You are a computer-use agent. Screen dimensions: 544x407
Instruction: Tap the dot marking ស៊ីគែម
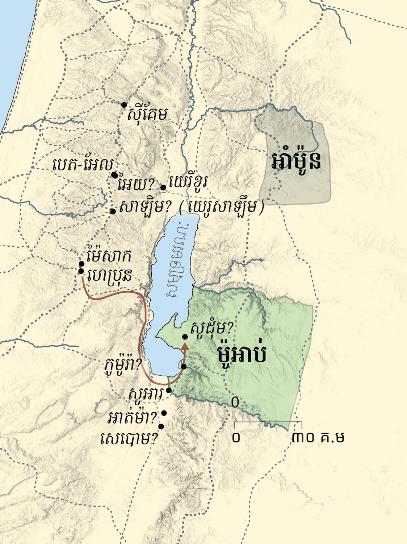coord(124,105)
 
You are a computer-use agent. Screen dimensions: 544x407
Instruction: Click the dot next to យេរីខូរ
coord(163,187)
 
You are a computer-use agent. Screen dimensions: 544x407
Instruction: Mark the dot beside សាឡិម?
coord(113,211)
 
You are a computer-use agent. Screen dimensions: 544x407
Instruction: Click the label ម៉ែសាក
coord(109,256)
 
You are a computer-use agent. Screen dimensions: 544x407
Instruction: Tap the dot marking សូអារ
coord(169,390)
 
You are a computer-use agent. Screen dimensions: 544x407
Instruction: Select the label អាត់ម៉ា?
coord(133,419)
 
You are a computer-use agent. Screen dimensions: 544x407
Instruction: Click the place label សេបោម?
coord(129,439)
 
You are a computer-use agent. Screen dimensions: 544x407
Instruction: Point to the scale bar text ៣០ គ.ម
coord(318,437)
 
